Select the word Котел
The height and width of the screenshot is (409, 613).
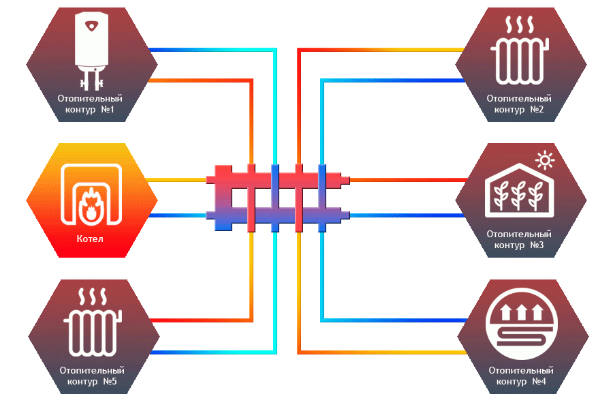coord(90,239)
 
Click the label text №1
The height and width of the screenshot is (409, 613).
coord(108,110)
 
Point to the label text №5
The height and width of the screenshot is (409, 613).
coord(110,382)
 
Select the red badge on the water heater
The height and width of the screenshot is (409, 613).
coord(91,26)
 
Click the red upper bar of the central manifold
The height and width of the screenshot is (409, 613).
coord(277,180)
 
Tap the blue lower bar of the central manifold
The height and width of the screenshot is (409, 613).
coord(277,216)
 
